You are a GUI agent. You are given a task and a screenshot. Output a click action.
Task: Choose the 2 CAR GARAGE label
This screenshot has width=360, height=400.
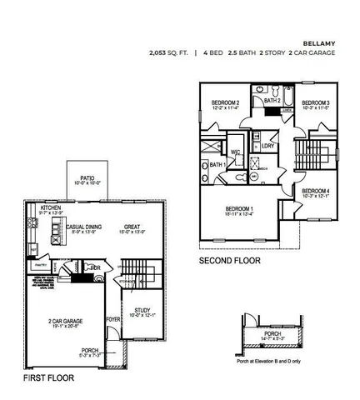tap(65, 320)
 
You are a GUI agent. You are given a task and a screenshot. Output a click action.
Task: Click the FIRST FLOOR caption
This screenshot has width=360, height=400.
tap(49, 377)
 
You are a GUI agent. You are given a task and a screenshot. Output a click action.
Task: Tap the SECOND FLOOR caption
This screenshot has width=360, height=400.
tap(229, 261)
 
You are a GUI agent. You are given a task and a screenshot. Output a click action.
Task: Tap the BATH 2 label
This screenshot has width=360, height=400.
tap(272, 101)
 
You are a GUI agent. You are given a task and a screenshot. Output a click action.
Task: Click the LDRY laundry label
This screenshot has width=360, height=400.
tap(267, 147)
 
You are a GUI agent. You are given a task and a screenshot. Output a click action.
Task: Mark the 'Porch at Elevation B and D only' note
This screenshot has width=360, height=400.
tap(267, 361)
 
